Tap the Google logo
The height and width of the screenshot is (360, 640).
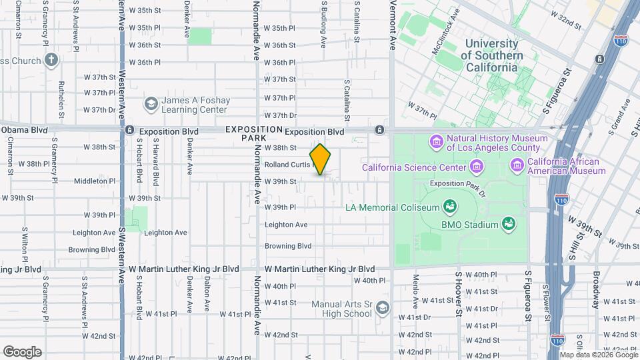(x=22, y=351)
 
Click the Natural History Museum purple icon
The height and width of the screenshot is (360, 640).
(x=437, y=142)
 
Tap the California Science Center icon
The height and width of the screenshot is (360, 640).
(x=477, y=165)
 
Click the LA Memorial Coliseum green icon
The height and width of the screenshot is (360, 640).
(x=450, y=206)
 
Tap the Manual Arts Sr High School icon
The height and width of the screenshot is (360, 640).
(x=382, y=308)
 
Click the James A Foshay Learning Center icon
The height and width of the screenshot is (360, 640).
(x=151, y=104)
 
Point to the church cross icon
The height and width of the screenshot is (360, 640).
(x=51, y=61)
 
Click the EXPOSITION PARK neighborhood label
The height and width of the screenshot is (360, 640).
(x=254, y=133)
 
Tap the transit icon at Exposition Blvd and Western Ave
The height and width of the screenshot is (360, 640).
(x=130, y=131)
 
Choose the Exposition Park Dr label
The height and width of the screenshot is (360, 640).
(x=455, y=183)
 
